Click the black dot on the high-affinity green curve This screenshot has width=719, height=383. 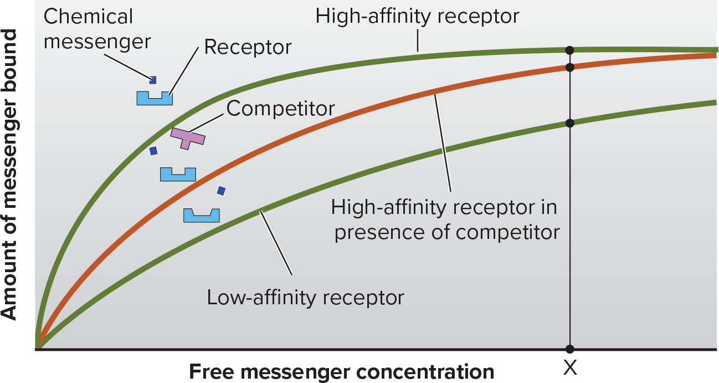point(570,50)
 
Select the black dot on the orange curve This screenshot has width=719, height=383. point(570,68)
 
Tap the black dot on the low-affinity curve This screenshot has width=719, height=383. point(570,123)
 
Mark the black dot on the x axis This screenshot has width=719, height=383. point(570,349)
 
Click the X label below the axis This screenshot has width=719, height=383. point(571,367)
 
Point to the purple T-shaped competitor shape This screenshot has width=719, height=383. point(187,138)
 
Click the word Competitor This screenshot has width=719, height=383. point(280,109)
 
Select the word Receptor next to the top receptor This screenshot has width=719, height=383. point(248,48)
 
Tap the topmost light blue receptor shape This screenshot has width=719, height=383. point(155,99)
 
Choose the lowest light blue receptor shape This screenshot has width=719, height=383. point(202,216)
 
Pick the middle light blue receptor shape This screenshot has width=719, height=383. point(178,175)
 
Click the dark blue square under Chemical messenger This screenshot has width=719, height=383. point(153,80)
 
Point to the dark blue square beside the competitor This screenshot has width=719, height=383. point(154,151)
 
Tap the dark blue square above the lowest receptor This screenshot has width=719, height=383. point(221,191)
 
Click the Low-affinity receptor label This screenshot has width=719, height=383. point(305,298)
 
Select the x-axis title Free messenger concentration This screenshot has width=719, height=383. point(342,372)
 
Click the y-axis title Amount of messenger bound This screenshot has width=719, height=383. point(9,175)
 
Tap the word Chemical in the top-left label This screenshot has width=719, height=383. point(88,17)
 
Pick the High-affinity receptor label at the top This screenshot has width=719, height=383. point(417,17)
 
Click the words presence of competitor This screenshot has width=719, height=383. point(447,232)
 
